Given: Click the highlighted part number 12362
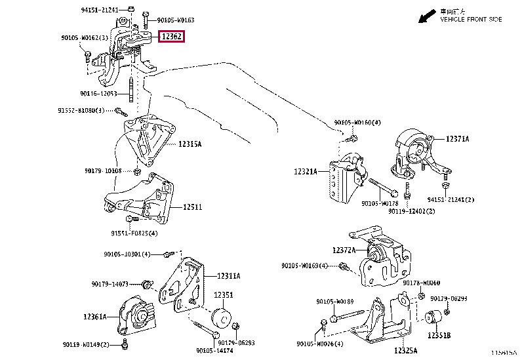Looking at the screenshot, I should (172, 37).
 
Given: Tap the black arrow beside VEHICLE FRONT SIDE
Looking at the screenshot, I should (428, 14).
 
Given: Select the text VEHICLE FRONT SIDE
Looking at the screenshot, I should (471, 20).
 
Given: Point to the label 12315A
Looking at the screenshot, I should (189, 144).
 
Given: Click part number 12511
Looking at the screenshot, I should (193, 207).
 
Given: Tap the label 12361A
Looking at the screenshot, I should (95, 317).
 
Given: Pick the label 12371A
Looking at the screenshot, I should (458, 139).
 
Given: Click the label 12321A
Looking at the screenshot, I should (306, 172).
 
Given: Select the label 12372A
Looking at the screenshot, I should (344, 250).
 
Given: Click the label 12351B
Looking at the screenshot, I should (439, 335).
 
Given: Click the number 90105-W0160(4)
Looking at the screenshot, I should (357, 123).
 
